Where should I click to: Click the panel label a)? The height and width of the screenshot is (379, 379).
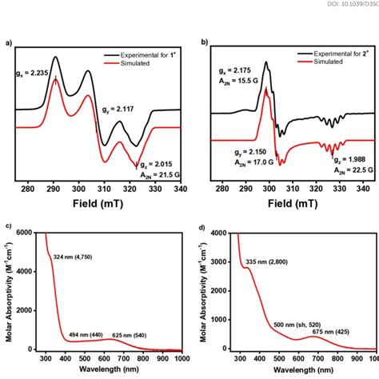tap(8, 42)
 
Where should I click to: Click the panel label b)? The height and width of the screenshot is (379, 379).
tap(205, 42)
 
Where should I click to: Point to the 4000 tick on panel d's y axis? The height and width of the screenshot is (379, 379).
tap(218, 233)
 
